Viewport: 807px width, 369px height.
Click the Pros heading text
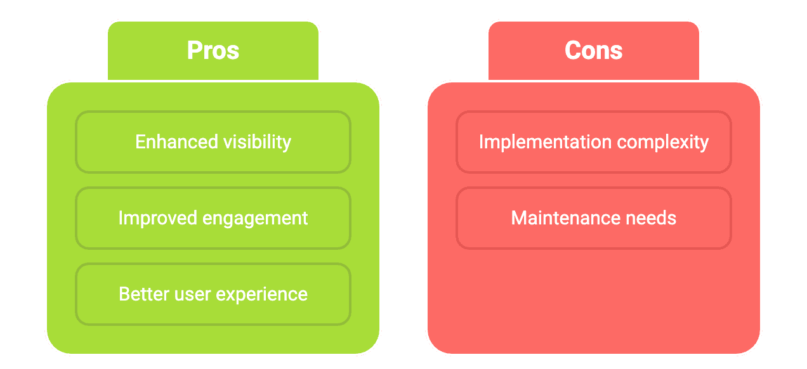point(213,51)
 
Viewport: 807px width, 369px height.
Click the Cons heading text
point(594,51)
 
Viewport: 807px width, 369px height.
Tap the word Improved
point(157,218)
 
